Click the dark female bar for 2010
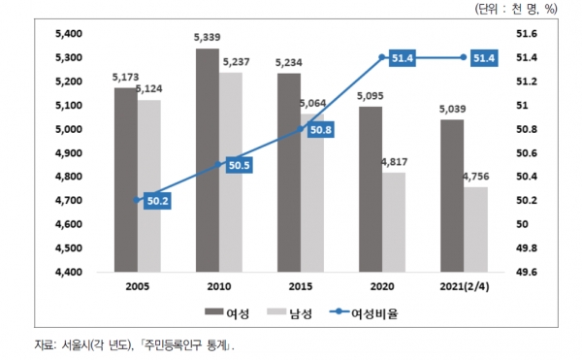click(x=208, y=160)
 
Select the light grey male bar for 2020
click(x=394, y=222)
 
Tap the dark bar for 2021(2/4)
click(x=452, y=196)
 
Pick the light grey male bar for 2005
click(x=149, y=186)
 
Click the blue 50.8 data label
click(x=321, y=130)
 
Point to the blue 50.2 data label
click(x=157, y=201)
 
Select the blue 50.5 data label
click(x=239, y=165)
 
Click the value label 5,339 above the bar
click(x=208, y=37)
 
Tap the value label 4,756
click(x=476, y=177)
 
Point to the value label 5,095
click(x=371, y=96)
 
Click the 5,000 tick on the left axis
click(x=69, y=129)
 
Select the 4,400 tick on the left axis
click(x=69, y=272)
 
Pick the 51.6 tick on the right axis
click(x=527, y=34)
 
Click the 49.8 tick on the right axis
click(x=527, y=247)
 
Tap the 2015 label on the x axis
click(x=301, y=286)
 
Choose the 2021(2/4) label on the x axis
click(x=465, y=286)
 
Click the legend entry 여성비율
click(x=364, y=313)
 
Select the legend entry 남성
click(x=289, y=313)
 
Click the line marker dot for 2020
click(x=382, y=57)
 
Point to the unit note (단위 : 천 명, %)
click(x=516, y=9)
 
